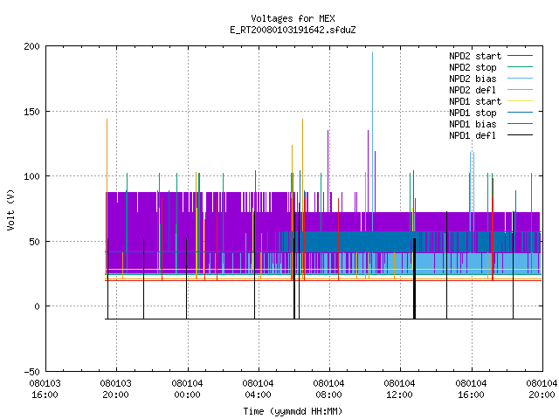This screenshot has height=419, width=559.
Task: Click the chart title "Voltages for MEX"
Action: (x=293, y=18)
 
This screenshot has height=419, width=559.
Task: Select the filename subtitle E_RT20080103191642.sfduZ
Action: (x=293, y=30)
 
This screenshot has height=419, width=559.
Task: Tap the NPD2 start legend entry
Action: (x=491, y=56)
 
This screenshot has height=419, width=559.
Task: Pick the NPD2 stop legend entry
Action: (x=491, y=67)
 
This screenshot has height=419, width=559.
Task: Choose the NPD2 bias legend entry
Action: (x=491, y=79)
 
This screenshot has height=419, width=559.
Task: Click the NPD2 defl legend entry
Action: (x=491, y=90)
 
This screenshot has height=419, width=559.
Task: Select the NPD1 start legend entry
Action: (x=491, y=101)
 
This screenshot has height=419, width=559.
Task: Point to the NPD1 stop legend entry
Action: (x=491, y=113)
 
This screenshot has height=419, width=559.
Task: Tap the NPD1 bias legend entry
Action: (x=491, y=124)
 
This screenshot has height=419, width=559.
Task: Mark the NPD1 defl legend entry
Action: (x=491, y=136)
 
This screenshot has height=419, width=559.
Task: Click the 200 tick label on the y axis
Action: (x=31, y=46)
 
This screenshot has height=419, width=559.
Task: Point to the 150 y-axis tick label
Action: (x=31, y=112)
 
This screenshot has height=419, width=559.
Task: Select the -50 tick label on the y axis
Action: (x=31, y=372)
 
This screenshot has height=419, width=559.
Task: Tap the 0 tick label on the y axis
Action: (x=37, y=306)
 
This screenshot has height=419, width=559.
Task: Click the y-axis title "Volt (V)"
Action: (x=10, y=209)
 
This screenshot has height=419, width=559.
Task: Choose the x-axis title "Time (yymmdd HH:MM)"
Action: (x=293, y=411)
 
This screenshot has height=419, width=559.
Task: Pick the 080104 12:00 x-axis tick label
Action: (x=400, y=389)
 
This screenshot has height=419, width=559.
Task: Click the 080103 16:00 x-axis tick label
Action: (x=45, y=389)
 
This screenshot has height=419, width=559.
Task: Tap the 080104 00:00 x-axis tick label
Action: (x=187, y=389)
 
